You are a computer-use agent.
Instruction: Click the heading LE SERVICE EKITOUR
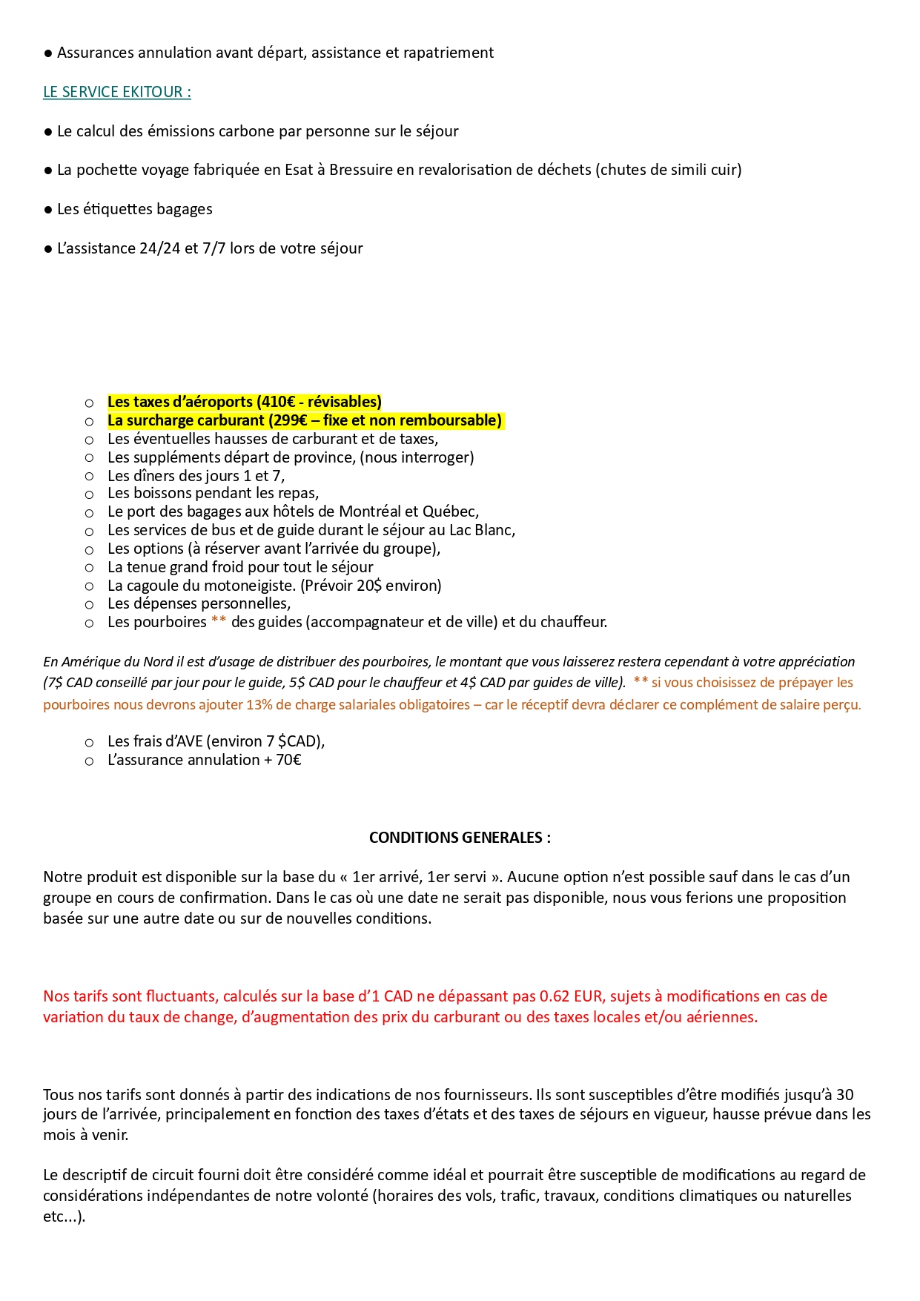pyautogui.click(x=116, y=92)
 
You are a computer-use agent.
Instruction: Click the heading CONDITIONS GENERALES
pyautogui.click(x=460, y=838)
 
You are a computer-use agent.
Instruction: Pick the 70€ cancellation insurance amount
pyautogui.click(x=288, y=760)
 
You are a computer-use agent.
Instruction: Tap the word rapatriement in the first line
pyautogui.click(x=449, y=53)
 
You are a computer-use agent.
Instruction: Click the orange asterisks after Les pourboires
pyautogui.click(x=219, y=622)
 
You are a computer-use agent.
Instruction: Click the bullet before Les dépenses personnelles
pyautogui.click(x=89, y=605)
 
